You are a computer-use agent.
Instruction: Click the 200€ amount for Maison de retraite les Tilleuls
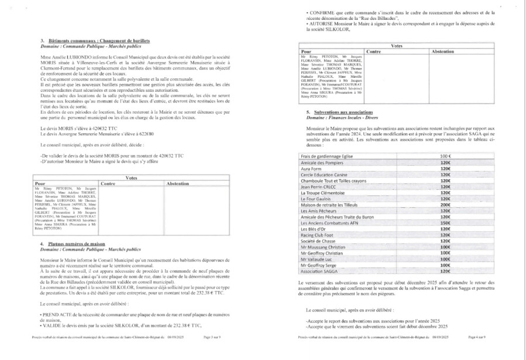tap(445, 205)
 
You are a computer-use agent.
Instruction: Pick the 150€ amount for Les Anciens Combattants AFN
tap(445, 223)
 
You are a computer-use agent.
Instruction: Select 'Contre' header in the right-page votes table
tap(373, 52)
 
